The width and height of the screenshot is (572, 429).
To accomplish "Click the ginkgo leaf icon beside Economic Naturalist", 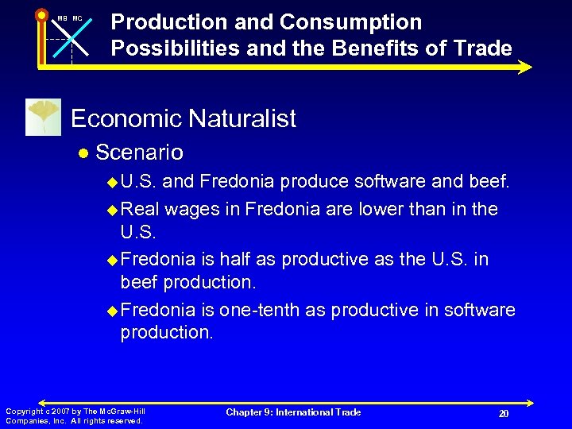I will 43,118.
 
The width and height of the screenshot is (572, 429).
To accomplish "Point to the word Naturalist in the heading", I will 242,119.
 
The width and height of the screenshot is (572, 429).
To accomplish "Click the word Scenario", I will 139,152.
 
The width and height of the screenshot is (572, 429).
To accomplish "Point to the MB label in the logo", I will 62,18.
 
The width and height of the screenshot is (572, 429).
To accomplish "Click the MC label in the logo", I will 77,18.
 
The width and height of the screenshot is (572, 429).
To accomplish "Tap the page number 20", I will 503,414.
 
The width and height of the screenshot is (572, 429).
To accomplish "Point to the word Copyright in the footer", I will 23,411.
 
